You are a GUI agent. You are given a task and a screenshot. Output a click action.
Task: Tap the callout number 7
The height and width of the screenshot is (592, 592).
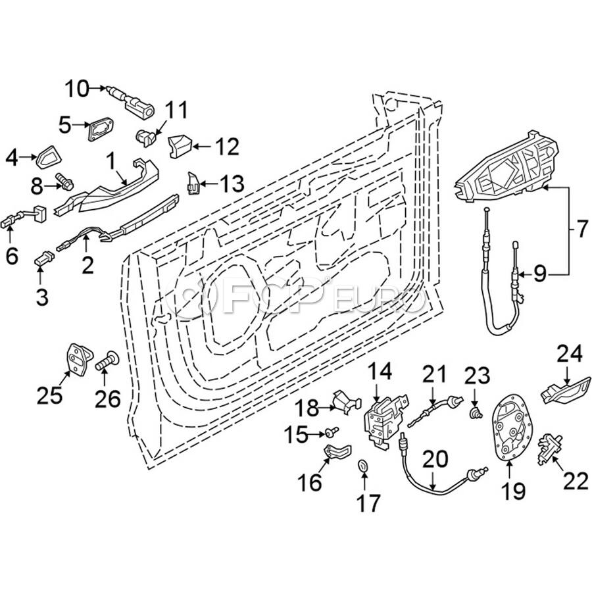coord(580,230)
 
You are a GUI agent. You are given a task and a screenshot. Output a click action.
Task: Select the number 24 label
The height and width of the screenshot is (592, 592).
coord(570,355)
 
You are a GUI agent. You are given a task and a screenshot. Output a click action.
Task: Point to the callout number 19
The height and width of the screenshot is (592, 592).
coord(514,490)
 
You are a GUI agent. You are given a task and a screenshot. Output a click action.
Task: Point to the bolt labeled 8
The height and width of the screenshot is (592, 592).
coord(64,179)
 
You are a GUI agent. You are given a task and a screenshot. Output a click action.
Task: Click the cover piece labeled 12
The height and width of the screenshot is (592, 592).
coord(179,145)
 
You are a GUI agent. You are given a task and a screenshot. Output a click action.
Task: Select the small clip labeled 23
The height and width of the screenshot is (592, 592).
coord(475,413)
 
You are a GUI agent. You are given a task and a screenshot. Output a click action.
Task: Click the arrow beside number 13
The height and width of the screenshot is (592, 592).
coord(204,182)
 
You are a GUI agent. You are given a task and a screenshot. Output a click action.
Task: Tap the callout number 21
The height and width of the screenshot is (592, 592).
coord(434,376)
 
